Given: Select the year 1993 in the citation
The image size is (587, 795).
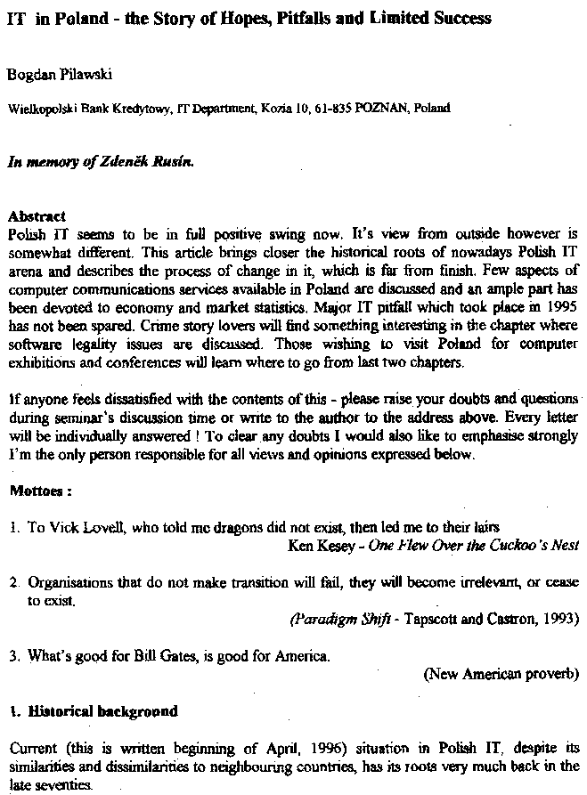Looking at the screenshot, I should (x=561, y=618).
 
